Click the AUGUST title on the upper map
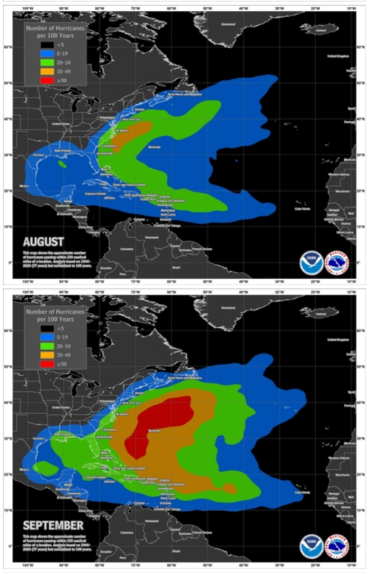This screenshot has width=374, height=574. (43, 242)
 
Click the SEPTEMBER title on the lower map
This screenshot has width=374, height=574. (53, 525)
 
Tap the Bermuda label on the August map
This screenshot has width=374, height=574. (154, 147)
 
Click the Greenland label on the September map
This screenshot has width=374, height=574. (228, 307)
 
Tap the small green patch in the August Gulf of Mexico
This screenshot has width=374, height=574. (62, 165)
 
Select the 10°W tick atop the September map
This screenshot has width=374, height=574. (351, 292)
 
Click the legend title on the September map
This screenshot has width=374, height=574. (55, 313)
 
